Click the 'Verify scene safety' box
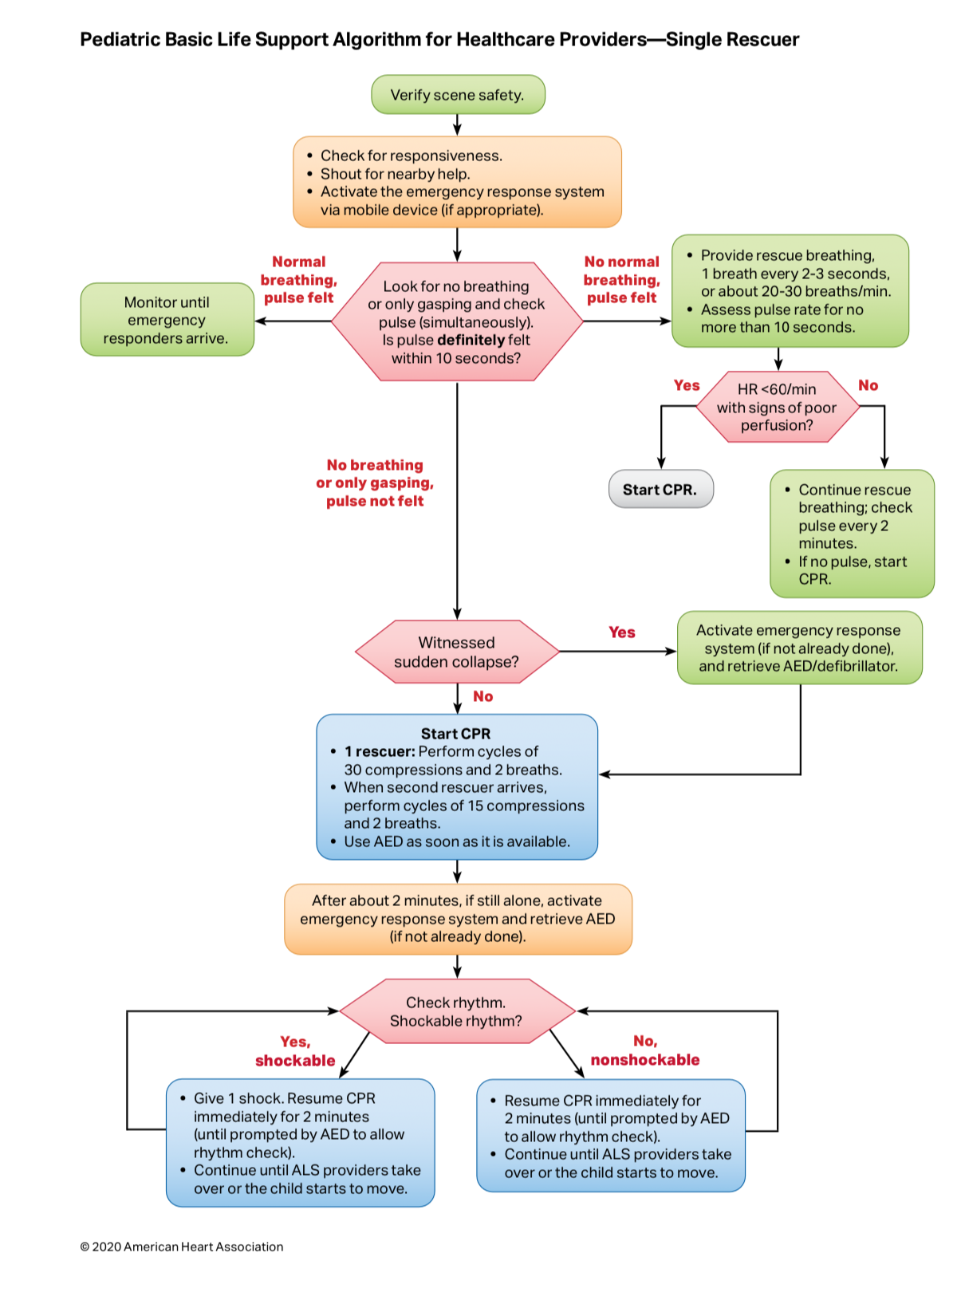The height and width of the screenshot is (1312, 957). tap(458, 95)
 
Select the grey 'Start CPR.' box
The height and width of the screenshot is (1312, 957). tap(660, 490)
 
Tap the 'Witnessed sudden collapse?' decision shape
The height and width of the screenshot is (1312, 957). tap(457, 652)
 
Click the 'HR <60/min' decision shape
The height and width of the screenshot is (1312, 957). tap(777, 408)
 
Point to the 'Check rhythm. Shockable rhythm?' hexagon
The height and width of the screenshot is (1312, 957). tap(457, 1011)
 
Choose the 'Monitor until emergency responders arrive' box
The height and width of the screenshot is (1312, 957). tap(167, 320)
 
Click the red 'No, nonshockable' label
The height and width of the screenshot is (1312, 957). tap(645, 1050)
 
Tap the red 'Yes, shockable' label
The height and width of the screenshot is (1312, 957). tap(295, 1051)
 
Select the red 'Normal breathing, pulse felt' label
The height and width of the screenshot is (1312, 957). tap(299, 280)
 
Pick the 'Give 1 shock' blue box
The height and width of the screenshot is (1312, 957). tap(301, 1143)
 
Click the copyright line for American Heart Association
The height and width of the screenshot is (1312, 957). tap(182, 1247)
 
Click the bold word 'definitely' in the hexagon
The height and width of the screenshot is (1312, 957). tap(471, 341)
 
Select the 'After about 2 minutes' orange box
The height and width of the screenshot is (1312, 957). tap(458, 919)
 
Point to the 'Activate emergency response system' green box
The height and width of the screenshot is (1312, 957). tap(799, 648)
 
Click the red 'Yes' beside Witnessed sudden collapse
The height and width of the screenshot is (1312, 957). tap(622, 632)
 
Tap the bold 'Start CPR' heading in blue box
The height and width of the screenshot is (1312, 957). tap(456, 734)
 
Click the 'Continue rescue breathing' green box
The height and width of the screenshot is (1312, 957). tap(852, 534)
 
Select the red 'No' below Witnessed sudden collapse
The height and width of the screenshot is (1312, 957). tap(482, 696)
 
